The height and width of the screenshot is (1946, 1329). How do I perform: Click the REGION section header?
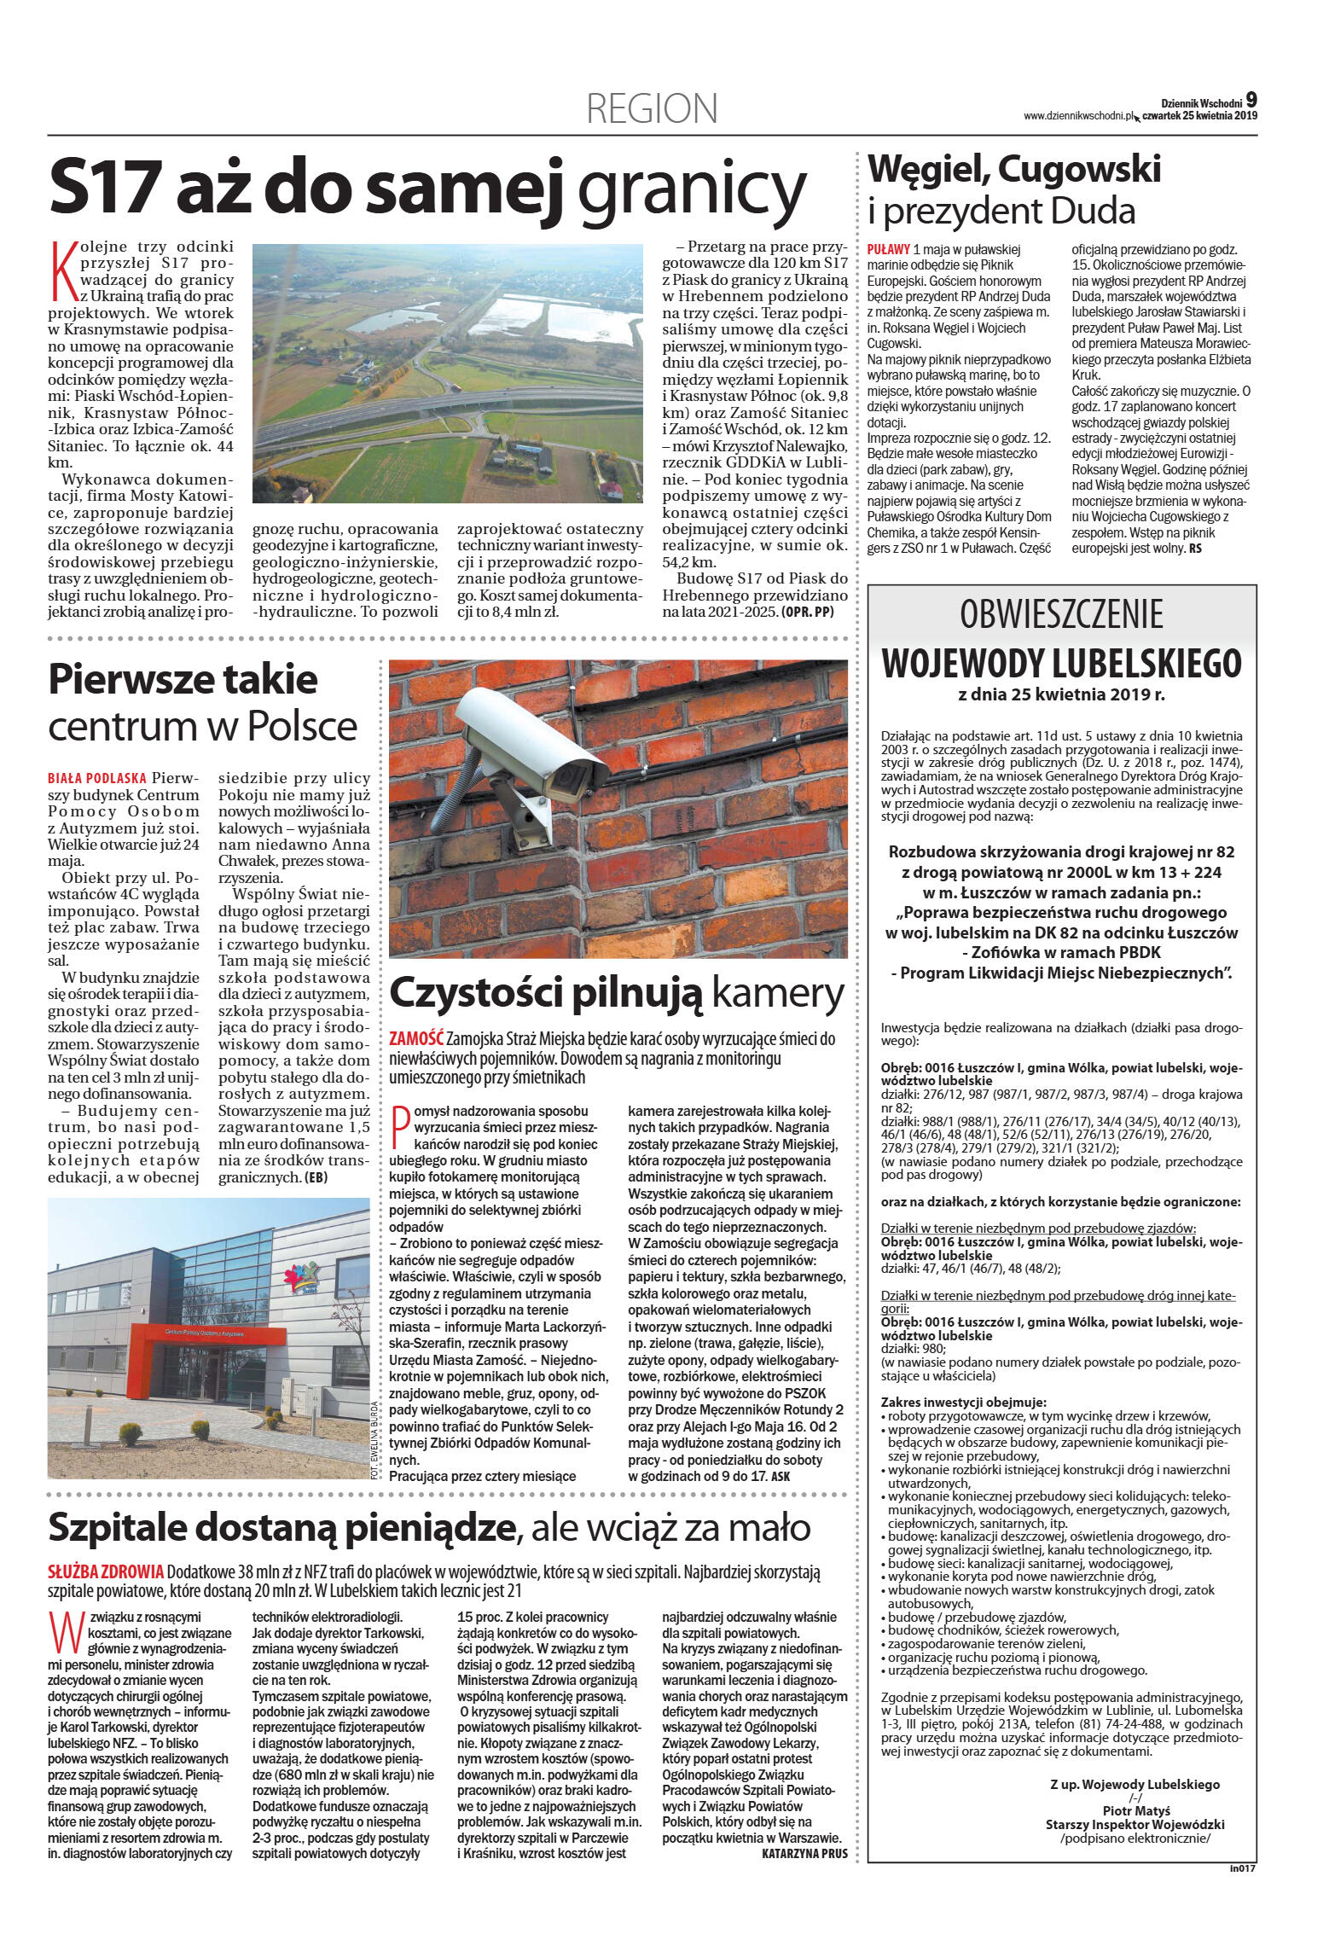[652, 109]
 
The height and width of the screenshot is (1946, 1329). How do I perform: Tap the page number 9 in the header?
[1251, 99]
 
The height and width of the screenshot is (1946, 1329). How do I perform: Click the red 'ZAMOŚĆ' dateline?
[415, 1039]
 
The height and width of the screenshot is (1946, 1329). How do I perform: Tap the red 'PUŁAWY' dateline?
[887, 249]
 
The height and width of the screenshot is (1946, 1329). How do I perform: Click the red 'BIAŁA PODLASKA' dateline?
[97, 778]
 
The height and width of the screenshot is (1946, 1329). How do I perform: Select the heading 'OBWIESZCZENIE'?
[1061, 615]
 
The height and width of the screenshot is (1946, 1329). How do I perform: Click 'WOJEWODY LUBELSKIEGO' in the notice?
[1061, 661]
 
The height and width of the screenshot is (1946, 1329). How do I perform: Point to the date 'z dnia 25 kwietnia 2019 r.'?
[1061, 694]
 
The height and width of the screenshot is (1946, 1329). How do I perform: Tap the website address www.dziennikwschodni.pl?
[1081, 115]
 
